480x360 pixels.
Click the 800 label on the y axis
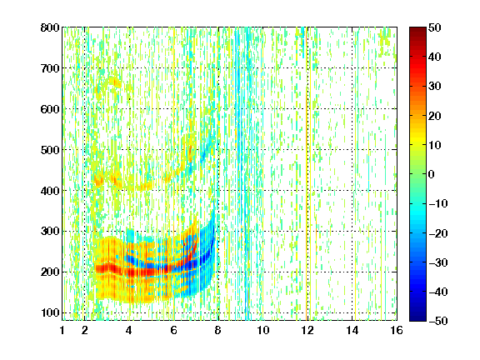[x=50, y=27]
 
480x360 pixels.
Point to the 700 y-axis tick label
[x=50, y=68]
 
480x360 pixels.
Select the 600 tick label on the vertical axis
[x=50, y=109]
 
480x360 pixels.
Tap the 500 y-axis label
[x=50, y=150]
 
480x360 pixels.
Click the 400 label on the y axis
[x=50, y=191]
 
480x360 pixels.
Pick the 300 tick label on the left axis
[x=50, y=232]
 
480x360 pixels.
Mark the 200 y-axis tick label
[x=50, y=272]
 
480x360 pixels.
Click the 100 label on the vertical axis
[x=50, y=312]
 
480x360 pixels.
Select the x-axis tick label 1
[x=62, y=330]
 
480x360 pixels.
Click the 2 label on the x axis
[x=85, y=330]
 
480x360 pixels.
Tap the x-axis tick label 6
[x=174, y=330]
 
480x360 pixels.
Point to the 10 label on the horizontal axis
[x=263, y=330]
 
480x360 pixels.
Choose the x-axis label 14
[x=352, y=330]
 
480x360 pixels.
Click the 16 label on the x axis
[x=397, y=330]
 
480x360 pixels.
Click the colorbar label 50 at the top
[x=434, y=27]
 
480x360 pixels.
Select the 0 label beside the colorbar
[x=432, y=174]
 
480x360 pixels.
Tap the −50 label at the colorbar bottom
[x=437, y=321]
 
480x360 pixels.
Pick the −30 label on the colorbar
[x=437, y=262]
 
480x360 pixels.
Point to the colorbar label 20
[x=434, y=116]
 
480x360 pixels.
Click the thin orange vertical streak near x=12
[x=307, y=174]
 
